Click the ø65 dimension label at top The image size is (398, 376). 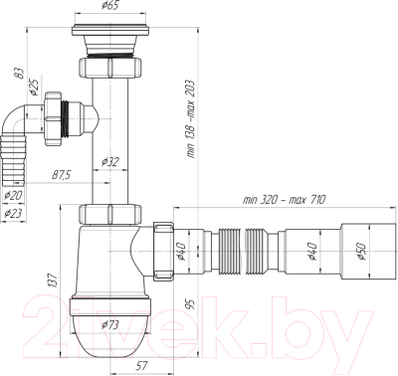pos(109,6)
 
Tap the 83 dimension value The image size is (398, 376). pos(21,74)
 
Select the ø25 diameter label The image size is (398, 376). pos(34,86)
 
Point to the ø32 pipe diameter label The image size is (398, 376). pos(109,162)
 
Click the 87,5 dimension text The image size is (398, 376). pos(62,175)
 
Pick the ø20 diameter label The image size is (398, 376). pos(13,196)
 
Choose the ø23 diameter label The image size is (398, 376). pos(13,214)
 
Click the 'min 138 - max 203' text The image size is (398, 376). pos(191,118)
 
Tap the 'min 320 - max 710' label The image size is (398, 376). pos(285,200)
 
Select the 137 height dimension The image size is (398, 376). pos(55,281)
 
